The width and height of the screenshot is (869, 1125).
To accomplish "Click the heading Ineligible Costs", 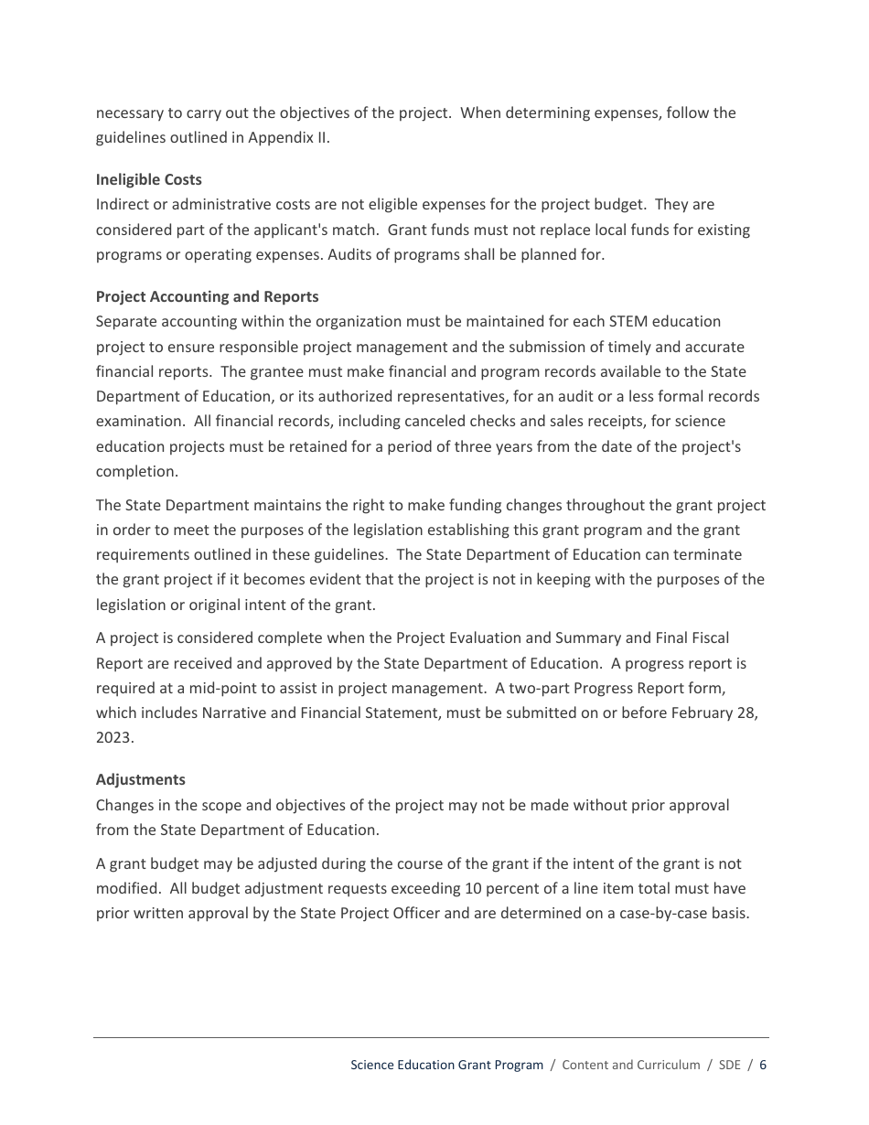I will pyautogui.click(x=149, y=179).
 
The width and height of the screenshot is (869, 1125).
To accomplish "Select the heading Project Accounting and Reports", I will pyautogui.click(x=208, y=296).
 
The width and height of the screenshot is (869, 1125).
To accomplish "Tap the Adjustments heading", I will pyautogui.click(x=141, y=779).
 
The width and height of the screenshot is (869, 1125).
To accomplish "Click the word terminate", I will pyautogui.click(x=708, y=555).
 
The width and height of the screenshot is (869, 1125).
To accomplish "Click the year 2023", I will pyautogui.click(x=114, y=738).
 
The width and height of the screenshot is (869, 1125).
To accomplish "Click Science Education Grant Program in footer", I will pyautogui.click(x=446, y=1065).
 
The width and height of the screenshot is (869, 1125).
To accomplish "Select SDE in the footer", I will pyautogui.click(x=729, y=1065).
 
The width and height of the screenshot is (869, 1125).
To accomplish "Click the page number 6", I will pyautogui.click(x=763, y=1065).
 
